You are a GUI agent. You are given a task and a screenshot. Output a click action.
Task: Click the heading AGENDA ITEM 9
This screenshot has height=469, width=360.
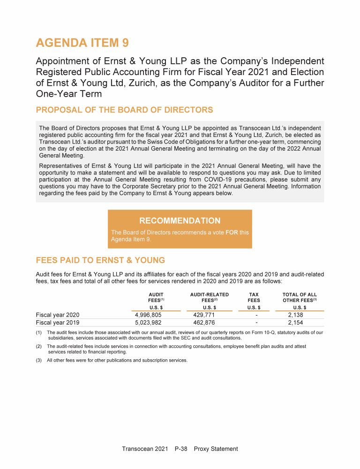pos(82,43)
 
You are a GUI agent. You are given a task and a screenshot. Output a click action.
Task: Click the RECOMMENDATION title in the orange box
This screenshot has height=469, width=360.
pos(180,221)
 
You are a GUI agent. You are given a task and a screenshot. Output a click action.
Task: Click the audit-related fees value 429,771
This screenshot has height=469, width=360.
pos(204,315)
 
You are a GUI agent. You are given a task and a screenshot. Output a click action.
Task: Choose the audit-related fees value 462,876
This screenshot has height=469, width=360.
pos(204,323)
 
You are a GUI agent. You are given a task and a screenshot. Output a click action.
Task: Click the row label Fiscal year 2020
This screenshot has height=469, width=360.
pos(58,315)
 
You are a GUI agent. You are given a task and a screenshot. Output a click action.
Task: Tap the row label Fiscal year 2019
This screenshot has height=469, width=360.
pos(58,323)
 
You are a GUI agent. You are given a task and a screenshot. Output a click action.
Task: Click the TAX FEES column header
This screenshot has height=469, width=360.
pos(254,297)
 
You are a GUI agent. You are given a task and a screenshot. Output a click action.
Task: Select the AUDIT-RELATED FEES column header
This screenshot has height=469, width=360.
pos(210,297)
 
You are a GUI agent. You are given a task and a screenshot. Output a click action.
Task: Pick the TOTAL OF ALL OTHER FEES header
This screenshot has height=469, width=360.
pos(300,297)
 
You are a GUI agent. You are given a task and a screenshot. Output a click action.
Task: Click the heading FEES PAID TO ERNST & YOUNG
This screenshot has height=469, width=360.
pos(100,260)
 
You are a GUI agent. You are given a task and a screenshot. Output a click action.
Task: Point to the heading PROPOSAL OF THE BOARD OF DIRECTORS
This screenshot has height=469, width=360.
pos(124,110)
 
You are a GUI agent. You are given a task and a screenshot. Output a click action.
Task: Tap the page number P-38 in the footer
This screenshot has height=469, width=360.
pos(180,449)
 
